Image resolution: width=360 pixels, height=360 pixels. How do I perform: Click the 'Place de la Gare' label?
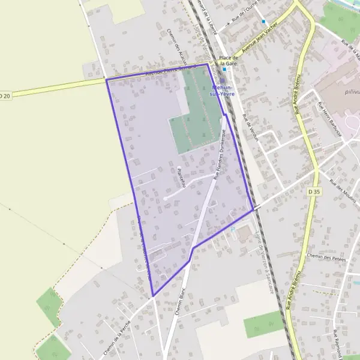229,60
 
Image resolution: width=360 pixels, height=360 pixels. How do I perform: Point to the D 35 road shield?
314,191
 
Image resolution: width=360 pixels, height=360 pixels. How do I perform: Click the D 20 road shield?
5,95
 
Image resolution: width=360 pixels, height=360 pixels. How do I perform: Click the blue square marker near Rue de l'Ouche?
263,22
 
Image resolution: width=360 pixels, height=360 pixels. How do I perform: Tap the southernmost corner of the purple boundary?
154,295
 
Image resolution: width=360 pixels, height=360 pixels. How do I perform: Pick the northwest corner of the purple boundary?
107,79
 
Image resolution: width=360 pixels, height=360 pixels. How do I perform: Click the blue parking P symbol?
233,228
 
